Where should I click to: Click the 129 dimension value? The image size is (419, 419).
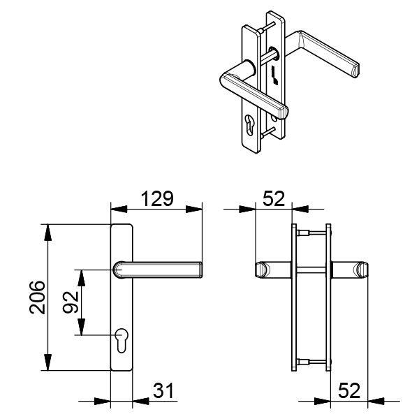click(157, 198)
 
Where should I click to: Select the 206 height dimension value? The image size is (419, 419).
click(38, 297)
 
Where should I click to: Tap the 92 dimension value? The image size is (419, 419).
click(71, 302)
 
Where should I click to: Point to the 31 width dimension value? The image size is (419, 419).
click(163, 390)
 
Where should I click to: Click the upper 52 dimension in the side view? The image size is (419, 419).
click(274, 198)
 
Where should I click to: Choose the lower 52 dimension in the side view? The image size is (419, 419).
click(349, 390)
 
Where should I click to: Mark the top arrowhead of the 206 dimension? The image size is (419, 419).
click(47, 233)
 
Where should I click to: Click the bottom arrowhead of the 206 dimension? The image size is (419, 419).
click(47, 362)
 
